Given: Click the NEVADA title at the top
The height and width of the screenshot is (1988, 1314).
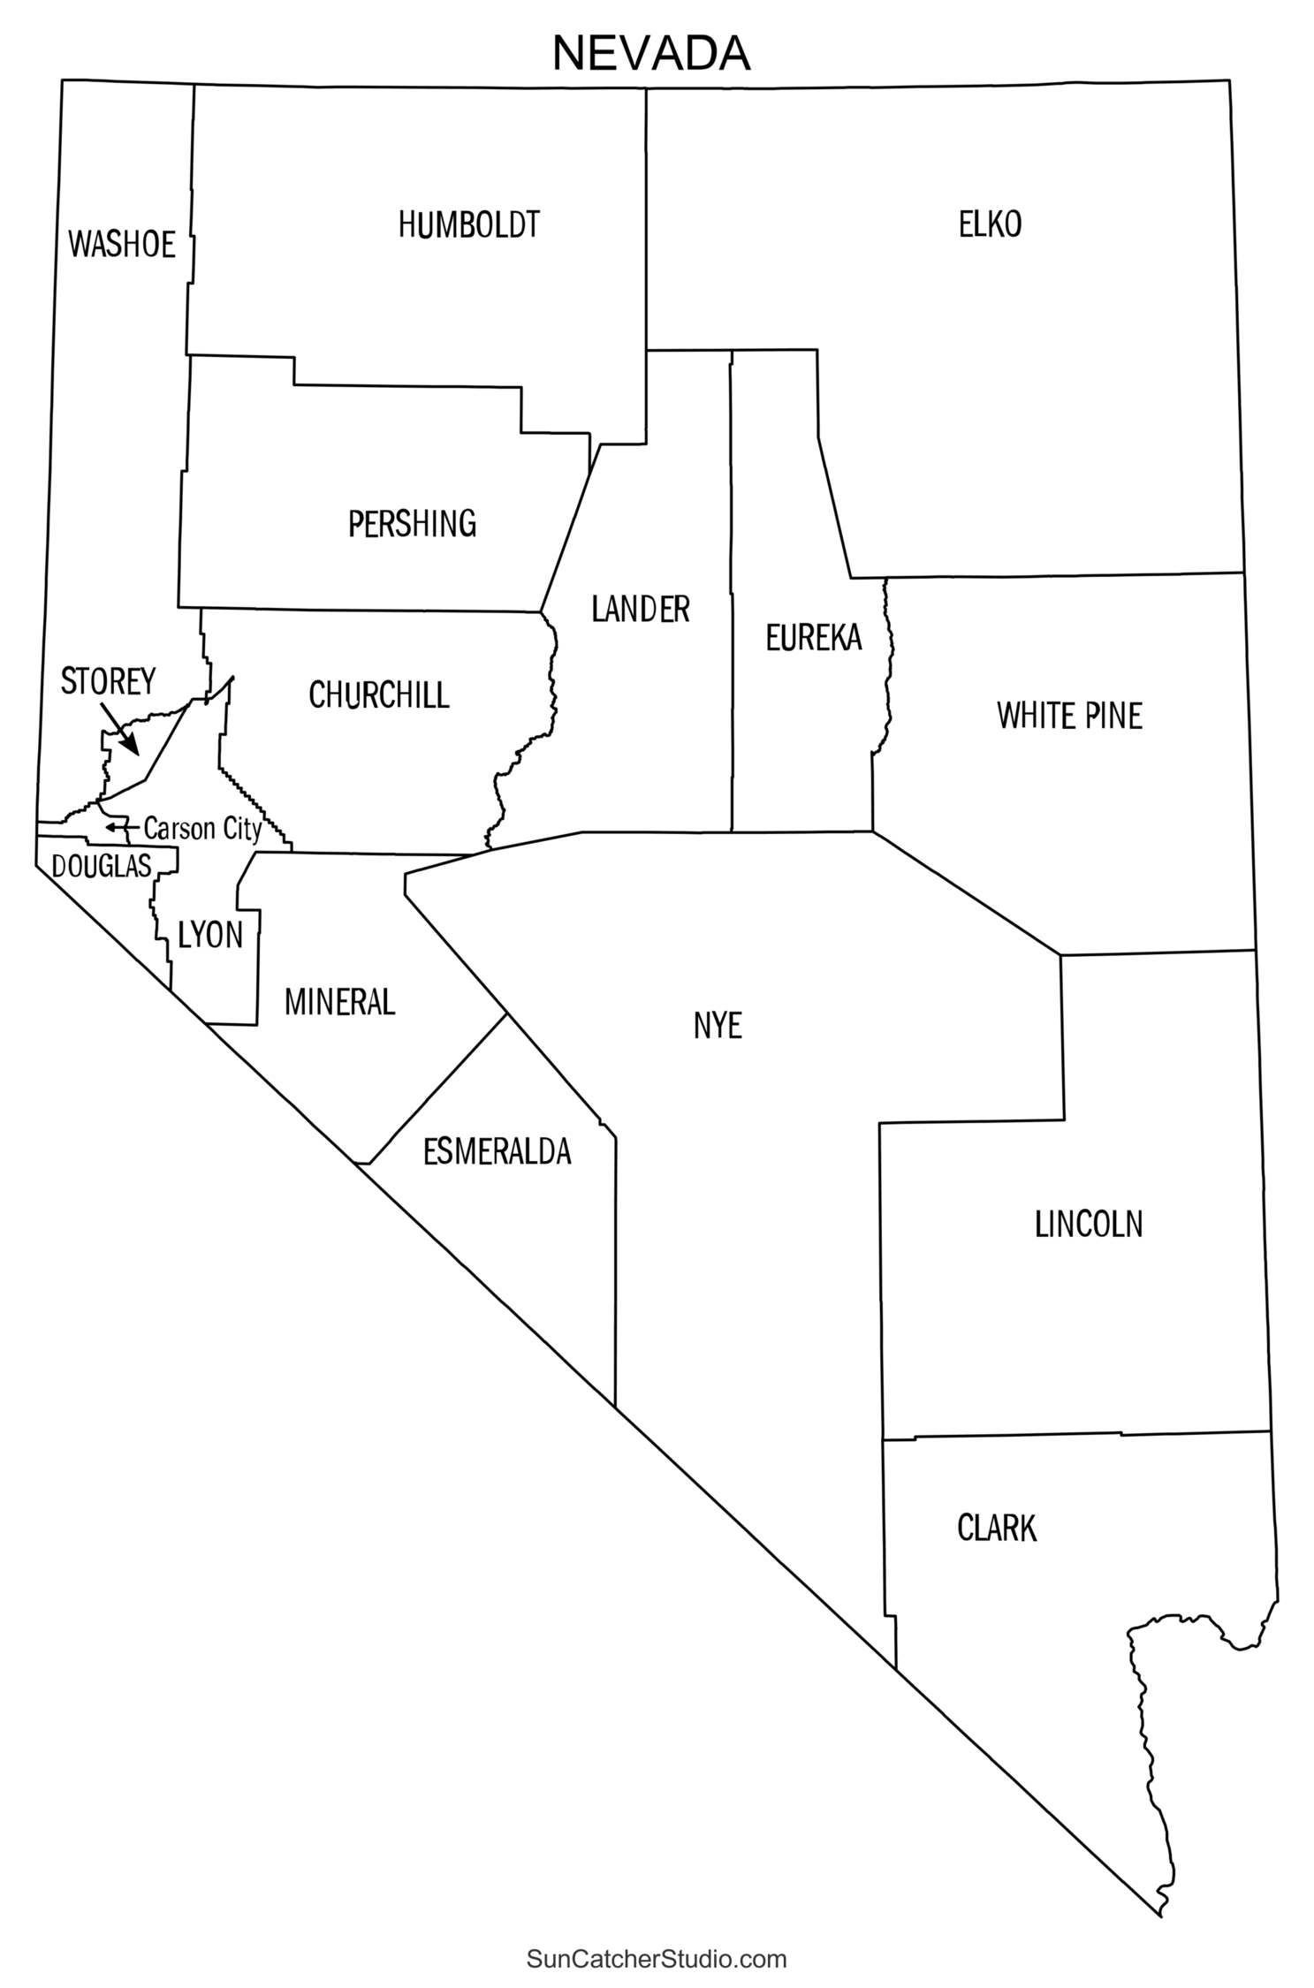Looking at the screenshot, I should click(x=651, y=54).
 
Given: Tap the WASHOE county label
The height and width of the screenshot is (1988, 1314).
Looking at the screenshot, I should click(x=122, y=245).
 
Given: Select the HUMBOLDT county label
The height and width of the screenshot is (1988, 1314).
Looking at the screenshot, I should click(x=468, y=225).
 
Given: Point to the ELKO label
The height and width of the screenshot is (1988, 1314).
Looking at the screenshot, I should click(x=990, y=225).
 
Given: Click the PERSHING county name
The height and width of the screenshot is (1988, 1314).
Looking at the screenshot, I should click(x=412, y=524).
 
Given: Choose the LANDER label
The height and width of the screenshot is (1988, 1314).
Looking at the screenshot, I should click(x=640, y=610).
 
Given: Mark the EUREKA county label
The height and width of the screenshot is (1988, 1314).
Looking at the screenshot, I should click(x=813, y=638).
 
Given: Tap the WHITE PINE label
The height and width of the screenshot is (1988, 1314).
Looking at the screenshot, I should click(x=1069, y=716).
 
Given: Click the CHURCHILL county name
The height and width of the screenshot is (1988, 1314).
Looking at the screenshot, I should click(x=378, y=696).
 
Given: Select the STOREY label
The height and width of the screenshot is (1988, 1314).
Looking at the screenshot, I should click(x=108, y=681).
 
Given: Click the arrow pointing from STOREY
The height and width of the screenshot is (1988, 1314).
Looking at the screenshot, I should click(x=119, y=729).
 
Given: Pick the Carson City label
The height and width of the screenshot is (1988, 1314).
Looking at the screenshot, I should click(x=202, y=829).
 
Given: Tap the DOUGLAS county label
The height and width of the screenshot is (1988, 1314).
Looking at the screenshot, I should click(x=102, y=867).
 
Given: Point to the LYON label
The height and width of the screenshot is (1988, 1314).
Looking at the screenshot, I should click(x=210, y=935).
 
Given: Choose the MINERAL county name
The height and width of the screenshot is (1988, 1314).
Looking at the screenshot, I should click(x=339, y=1002).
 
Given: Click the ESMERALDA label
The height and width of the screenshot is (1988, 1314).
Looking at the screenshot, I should click(x=497, y=1152).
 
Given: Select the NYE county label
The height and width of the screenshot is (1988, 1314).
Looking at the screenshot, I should click(x=718, y=1026).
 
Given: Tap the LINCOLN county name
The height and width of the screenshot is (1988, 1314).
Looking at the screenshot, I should click(x=1088, y=1225).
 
